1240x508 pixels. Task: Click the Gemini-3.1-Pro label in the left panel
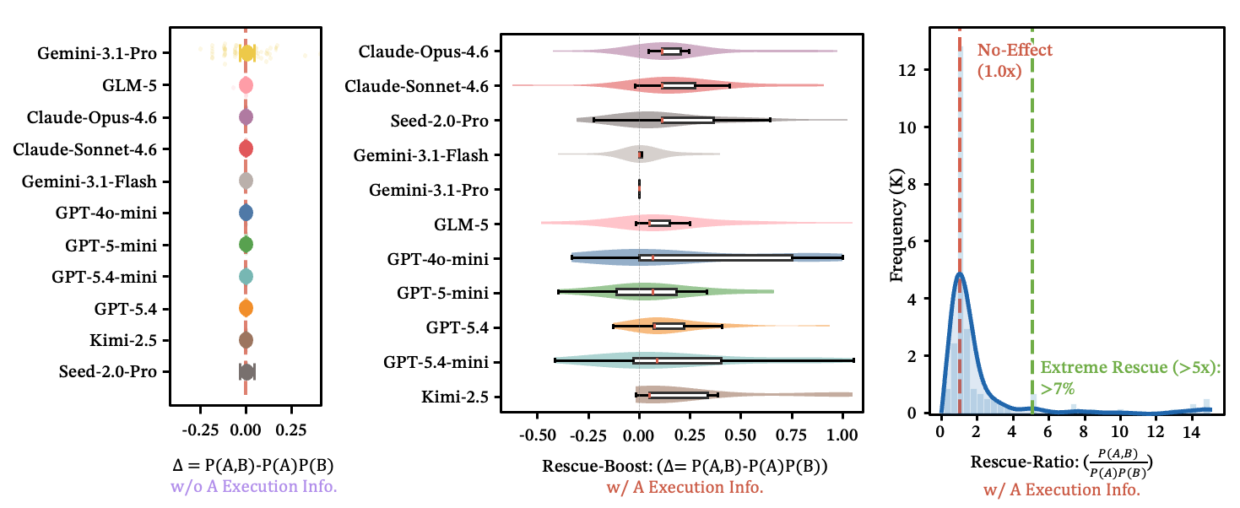tap(98, 53)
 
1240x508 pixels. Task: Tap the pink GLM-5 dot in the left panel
tap(246, 85)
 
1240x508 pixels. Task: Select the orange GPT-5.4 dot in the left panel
tap(246, 308)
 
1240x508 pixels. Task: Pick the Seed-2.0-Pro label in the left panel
tap(108, 371)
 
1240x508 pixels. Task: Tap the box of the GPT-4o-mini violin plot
tap(716, 257)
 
